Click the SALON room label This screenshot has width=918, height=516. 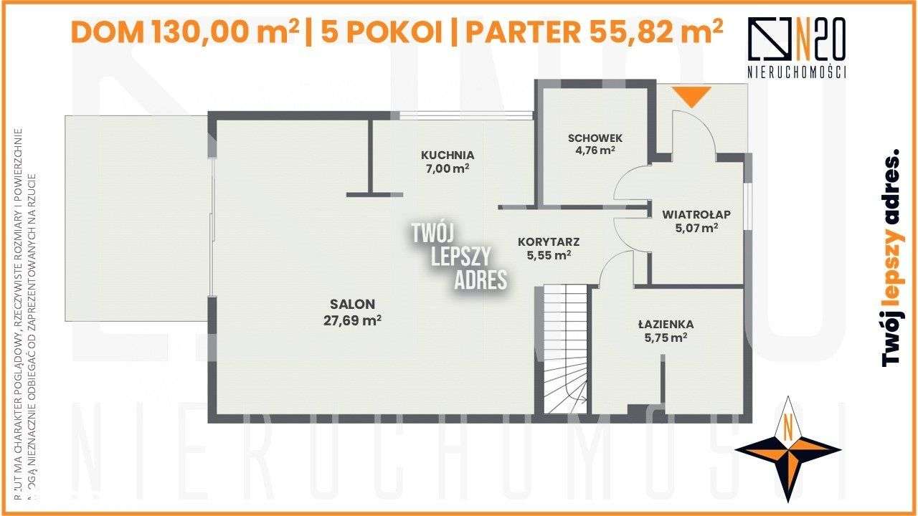tap(352, 304)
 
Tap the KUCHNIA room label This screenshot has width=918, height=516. tap(448, 154)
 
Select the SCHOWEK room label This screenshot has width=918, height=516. tap(595, 138)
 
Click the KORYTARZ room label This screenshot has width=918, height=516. tap(549, 242)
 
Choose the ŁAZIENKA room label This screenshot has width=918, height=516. tap(666, 324)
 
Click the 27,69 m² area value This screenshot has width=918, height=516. tap(352, 320)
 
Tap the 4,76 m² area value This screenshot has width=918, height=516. tap(595, 150)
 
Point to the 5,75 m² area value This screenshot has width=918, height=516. tap(666, 338)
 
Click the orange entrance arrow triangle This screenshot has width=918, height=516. tap(691, 95)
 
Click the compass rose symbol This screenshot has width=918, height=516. tap(787, 449)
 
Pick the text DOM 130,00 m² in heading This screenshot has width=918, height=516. tap(185, 32)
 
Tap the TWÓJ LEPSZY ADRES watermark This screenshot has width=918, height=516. tap(459, 256)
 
